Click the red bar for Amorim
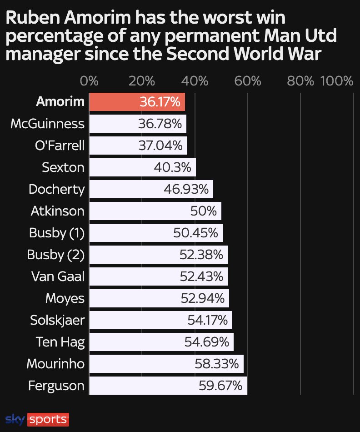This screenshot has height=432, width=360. [x=136, y=101]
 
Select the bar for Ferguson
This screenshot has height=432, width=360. [x=168, y=386]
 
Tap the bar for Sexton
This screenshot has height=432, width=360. [x=142, y=167]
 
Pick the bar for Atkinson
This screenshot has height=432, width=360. [x=155, y=211]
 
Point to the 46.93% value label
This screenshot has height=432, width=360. [x=186, y=189]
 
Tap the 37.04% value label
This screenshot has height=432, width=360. [x=160, y=146]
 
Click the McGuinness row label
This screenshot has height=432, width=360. [x=47, y=124]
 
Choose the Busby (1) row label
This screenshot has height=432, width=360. [x=57, y=233]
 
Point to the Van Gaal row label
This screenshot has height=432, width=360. [x=58, y=276]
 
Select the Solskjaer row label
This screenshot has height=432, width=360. [x=57, y=320]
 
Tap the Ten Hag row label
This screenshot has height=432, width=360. [x=60, y=342]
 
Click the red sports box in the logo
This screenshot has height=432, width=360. [x=48, y=419]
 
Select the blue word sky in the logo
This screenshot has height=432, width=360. [x=15, y=419]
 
